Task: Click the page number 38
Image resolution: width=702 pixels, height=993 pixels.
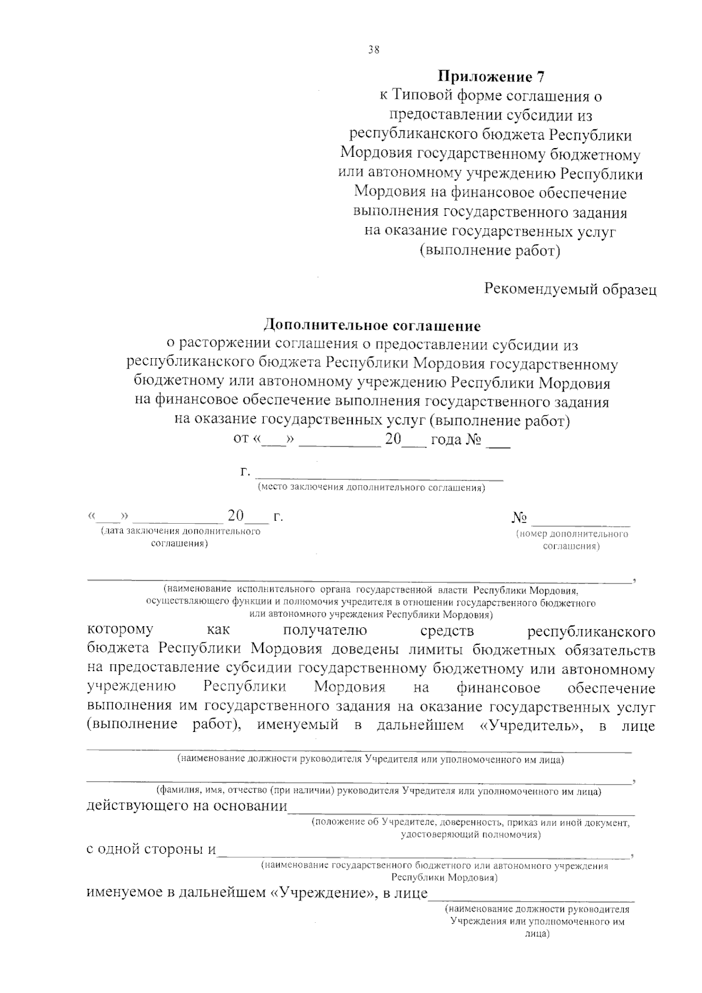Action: pyautogui.click(x=374, y=50)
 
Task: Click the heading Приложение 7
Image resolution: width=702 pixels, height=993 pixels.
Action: pyautogui.click(x=491, y=77)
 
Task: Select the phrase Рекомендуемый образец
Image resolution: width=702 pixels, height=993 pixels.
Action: pyautogui.click(x=570, y=290)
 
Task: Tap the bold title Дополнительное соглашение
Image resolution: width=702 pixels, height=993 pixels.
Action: pyautogui.click(x=372, y=325)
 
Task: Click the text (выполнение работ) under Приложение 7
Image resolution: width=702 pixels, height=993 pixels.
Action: pyautogui.click(x=490, y=251)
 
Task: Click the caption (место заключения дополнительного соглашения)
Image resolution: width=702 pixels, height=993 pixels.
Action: pyautogui.click(x=371, y=487)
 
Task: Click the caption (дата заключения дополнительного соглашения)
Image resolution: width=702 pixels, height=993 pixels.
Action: pyautogui.click(x=180, y=537)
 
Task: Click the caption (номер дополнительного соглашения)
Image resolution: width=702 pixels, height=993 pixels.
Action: pyautogui.click(x=572, y=540)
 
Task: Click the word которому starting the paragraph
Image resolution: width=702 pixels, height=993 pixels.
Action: pyautogui.click(x=120, y=630)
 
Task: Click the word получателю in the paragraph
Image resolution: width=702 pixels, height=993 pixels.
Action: pyautogui.click(x=325, y=630)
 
